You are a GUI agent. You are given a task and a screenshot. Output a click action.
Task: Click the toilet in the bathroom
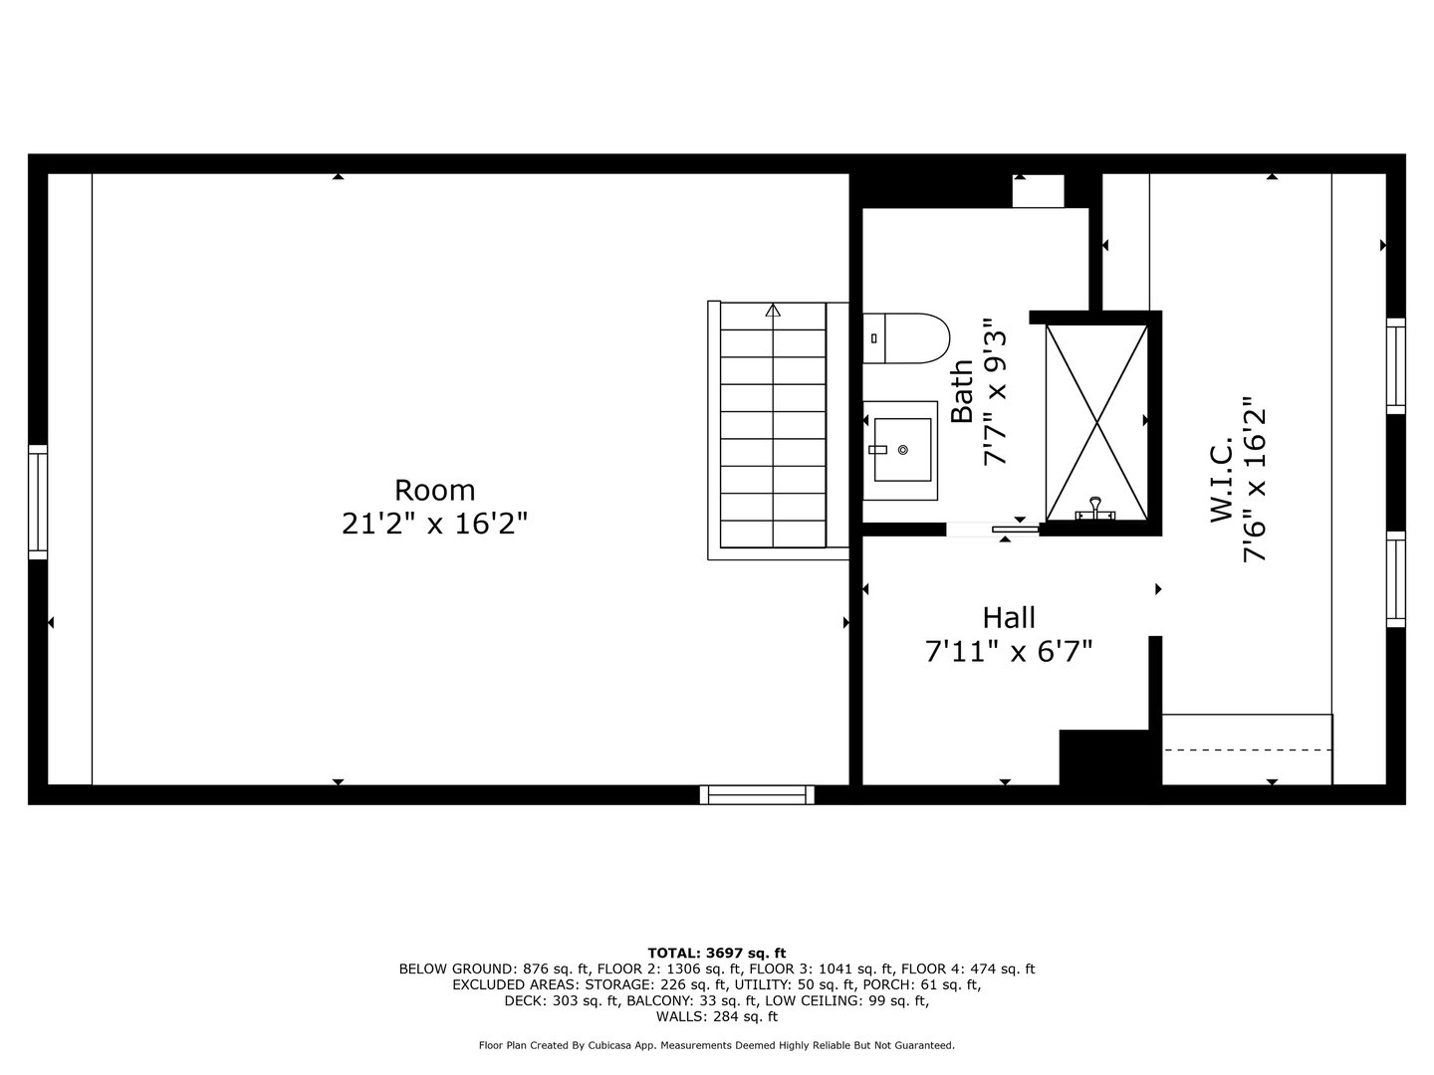(x=904, y=338)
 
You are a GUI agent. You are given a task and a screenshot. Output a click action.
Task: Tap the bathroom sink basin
(x=901, y=450)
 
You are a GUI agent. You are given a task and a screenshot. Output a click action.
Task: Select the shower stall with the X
(x=1095, y=422)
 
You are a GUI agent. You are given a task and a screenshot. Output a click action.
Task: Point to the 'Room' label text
(x=435, y=491)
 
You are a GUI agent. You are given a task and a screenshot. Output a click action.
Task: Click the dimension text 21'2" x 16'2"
(x=435, y=524)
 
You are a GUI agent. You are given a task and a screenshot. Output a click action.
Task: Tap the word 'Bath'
(x=962, y=391)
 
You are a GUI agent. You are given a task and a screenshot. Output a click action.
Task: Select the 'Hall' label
(x=1009, y=617)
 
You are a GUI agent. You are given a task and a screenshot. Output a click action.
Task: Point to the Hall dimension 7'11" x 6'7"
(x=1009, y=651)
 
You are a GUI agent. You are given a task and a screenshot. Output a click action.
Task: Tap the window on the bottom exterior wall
(x=757, y=794)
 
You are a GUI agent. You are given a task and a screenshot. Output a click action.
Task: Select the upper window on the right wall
(x=1396, y=365)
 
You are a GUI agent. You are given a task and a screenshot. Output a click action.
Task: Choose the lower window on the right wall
(x=1396, y=579)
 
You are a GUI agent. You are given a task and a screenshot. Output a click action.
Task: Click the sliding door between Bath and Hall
(x=992, y=530)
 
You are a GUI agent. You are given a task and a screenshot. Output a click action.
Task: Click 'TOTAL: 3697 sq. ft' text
(x=717, y=953)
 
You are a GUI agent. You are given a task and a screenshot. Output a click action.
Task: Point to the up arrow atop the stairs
(x=773, y=310)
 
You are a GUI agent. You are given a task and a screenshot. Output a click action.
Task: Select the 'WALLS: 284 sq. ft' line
(x=717, y=1017)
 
